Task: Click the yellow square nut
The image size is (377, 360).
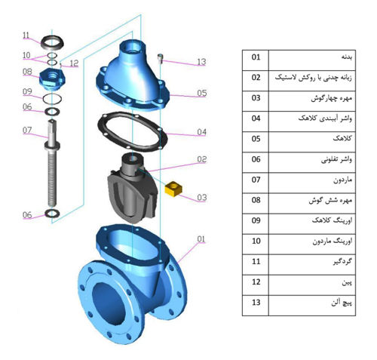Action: pyautogui.click(x=173, y=189)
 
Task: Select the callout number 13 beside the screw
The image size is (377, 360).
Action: pyautogui.click(x=201, y=62)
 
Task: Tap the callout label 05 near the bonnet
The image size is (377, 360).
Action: pyautogui.click(x=202, y=93)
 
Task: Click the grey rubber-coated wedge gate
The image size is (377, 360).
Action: pyautogui.click(x=133, y=187)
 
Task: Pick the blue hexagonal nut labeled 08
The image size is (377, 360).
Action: pyautogui.click(x=52, y=78)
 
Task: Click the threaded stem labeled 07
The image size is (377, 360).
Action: pyautogui.click(x=52, y=162)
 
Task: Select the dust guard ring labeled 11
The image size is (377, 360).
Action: pyautogui.click(x=52, y=42)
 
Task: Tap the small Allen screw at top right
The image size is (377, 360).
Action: pyautogui.click(x=160, y=58)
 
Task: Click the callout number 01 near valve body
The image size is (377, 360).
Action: pyautogui.click(x=201, y=239)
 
